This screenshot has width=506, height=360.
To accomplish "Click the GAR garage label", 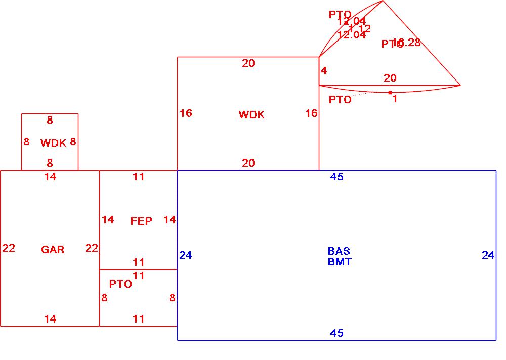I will (53, 249).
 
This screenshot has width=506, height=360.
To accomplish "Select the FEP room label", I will (141, 221).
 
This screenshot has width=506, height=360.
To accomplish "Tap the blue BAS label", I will (339, 251).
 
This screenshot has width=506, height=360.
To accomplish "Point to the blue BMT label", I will (340, 262).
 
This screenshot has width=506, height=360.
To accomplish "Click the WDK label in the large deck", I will (251, 115).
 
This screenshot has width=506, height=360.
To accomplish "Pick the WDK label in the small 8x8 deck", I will (53, 143).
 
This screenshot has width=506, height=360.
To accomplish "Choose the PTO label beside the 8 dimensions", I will (120, 284).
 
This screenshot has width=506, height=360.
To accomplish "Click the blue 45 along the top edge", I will (336, 177).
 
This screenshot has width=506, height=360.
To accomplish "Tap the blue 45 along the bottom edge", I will (336, 333).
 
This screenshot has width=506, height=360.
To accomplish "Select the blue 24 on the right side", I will (488, 255).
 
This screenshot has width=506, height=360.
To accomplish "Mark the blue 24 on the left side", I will (186, 255).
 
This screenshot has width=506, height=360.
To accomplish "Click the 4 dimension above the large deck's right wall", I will (324, 71).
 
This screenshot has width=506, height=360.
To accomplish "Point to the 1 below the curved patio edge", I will (395, 99).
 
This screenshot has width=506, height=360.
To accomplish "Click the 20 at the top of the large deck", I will (248, 63).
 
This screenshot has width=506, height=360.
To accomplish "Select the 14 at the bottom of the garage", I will (50, 319).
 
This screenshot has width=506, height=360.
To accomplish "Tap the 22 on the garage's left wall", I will (9, 248).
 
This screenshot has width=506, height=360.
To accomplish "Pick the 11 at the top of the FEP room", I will (139, 177).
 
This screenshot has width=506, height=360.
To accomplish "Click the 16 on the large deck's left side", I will (186, 113).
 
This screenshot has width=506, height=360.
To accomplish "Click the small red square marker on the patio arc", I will (390, 92).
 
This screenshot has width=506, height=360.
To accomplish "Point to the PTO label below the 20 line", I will (340, 100).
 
